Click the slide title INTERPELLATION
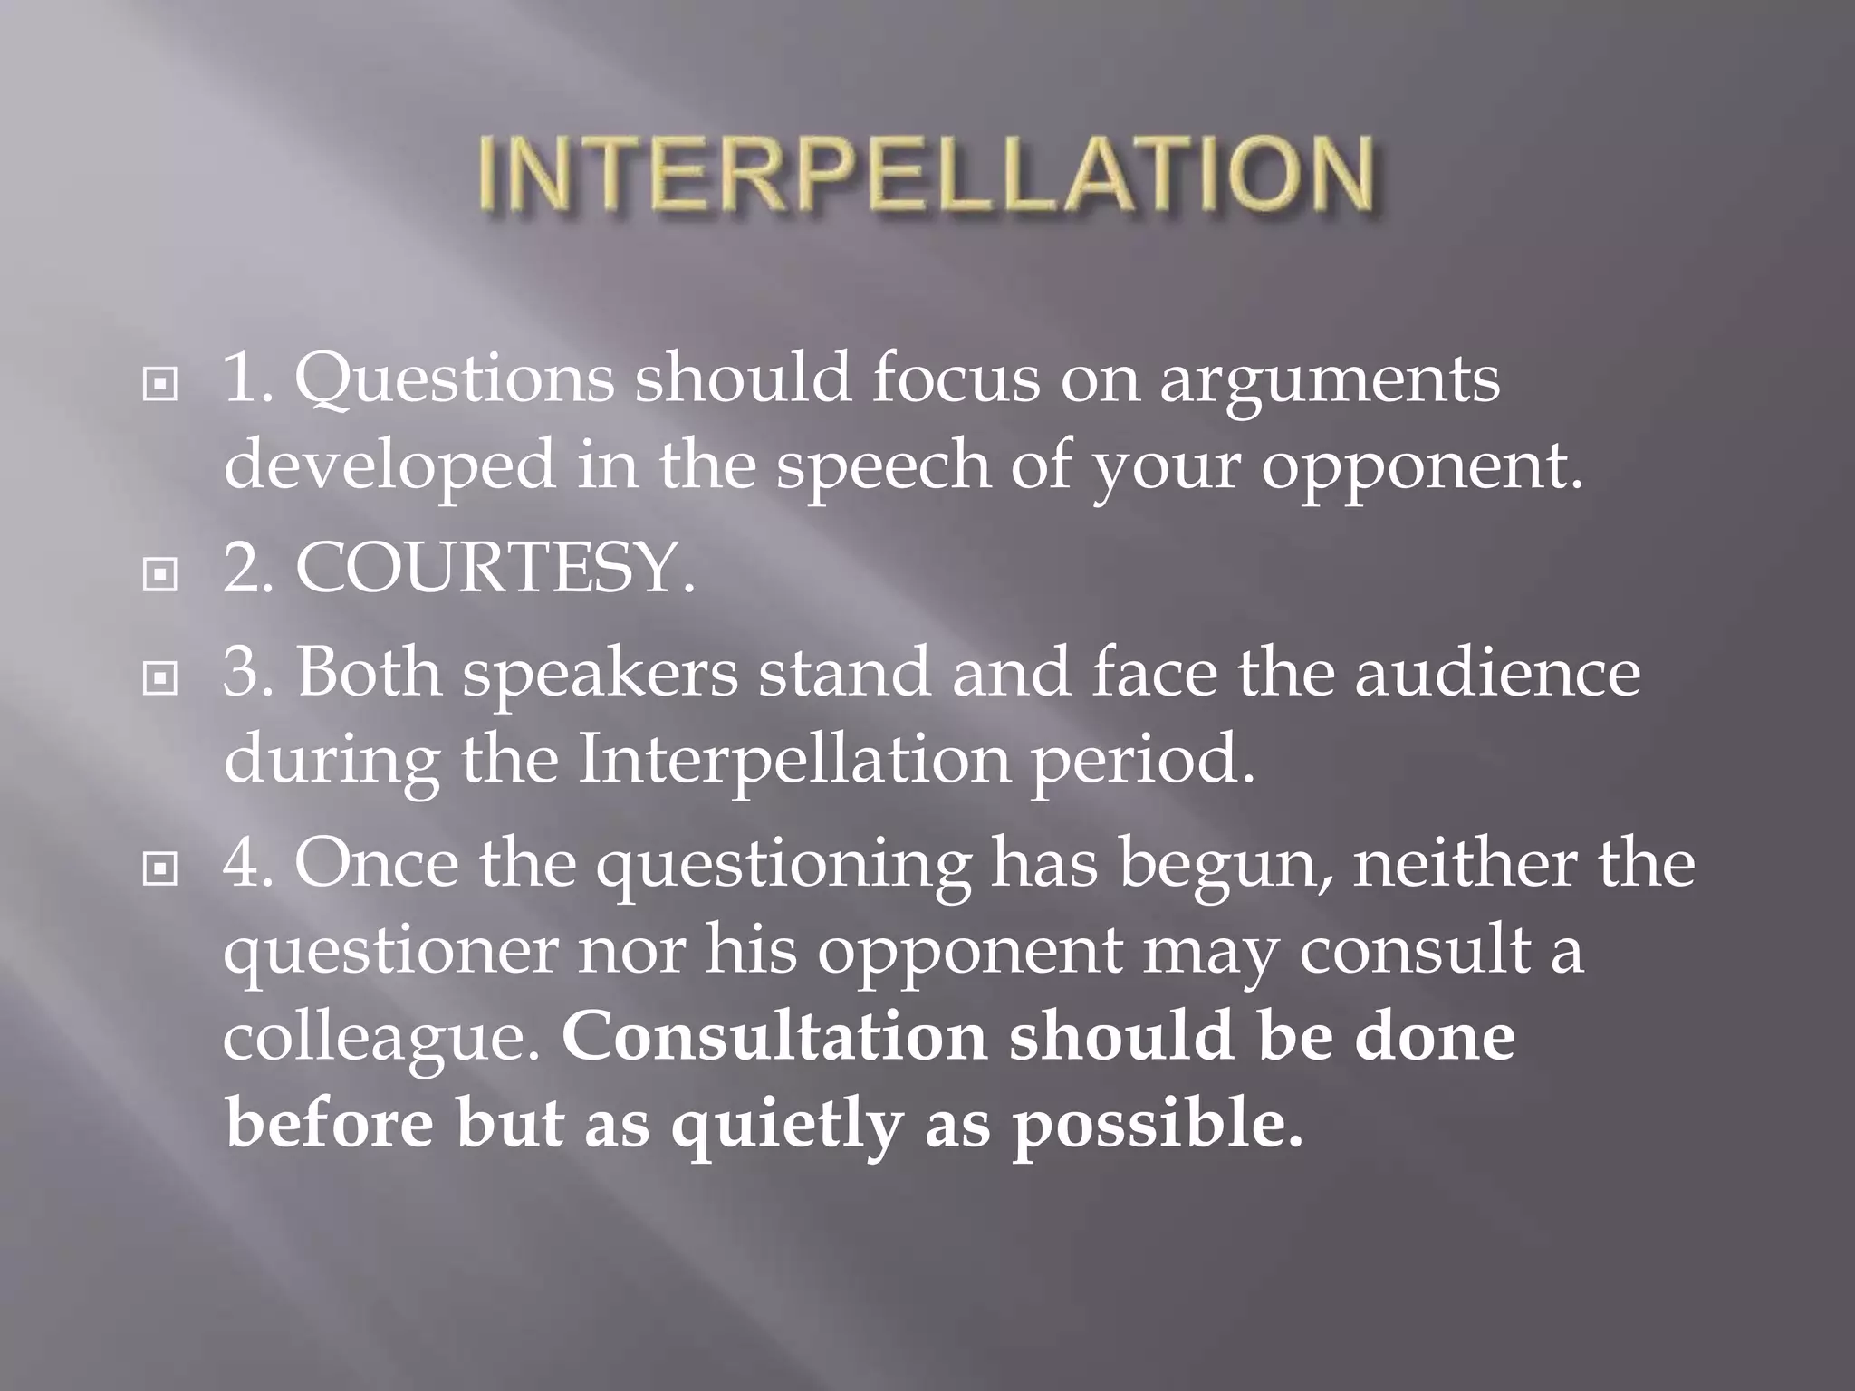pyautogui.click(x=926, y=174)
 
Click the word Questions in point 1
pyautogui.click(x=455, y=379)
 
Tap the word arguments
pyautogui.click(x=1330, y=379)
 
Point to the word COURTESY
pyautogui.click(x=495, y=570)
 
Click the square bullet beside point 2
pyautogui.click(x=160, y=573)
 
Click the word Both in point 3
pyautogui.click(x=369, y=673)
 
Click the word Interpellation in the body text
pyautogui.click(x=794, y=759)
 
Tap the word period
pyautogui.click(x=1144, y=759)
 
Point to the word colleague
pyautogui.click(x=381, y=1038)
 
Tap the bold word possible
pyautogui.click(x=1158, y=1125)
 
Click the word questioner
pyautogui.click(x=389, y=951)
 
